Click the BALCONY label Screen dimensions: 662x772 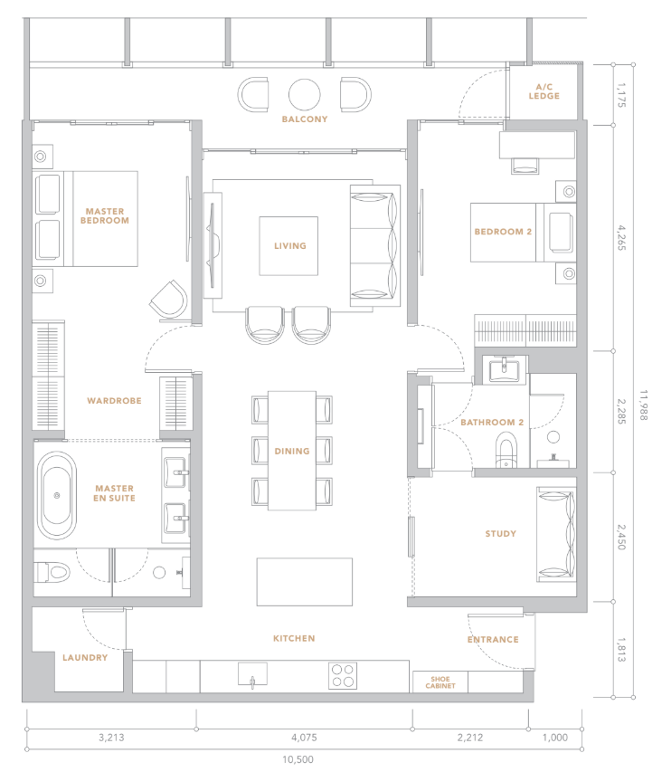click(305, 119)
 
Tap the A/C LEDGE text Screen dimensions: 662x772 click(544, 91)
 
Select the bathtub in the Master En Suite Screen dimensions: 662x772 click(57, 495)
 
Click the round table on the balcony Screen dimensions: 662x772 click(305, 94)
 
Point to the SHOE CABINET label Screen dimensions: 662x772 click(440, 682)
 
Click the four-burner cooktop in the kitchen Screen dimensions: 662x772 click(343, 675)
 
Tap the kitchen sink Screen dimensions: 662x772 click(253, 674)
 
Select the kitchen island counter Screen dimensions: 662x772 click(305, 582)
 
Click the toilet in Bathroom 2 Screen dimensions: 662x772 click(506, 450)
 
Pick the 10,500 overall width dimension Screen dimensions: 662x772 click(298, 759)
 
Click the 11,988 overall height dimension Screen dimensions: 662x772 click(644, 405)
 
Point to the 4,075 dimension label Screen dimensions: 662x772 click(304, 738)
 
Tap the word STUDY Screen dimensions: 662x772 click(501, 534)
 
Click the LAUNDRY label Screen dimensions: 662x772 click(85, 658)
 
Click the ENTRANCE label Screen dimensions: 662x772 click(493, 640)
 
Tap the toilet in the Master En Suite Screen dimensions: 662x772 click(52, 572)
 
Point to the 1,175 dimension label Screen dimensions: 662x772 click(621, 95)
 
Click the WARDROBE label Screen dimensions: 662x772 click(114, 401)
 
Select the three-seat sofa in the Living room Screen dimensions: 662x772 click(375, 245)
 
